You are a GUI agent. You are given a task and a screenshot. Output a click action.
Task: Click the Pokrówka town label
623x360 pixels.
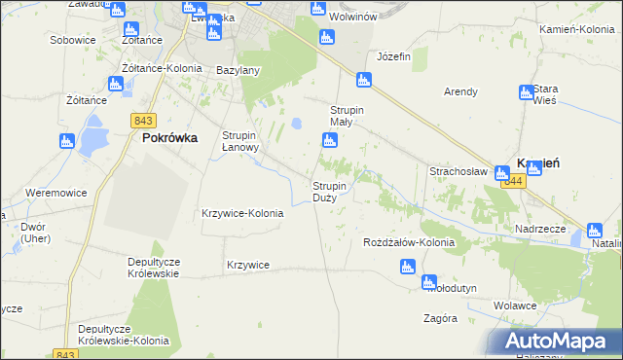coord(170,138)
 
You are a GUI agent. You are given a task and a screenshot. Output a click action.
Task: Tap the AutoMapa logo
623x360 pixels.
coord(559,341)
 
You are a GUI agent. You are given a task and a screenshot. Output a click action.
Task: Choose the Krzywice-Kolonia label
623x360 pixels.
coord(242,213)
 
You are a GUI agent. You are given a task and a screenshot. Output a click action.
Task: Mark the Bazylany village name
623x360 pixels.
coord(238,71)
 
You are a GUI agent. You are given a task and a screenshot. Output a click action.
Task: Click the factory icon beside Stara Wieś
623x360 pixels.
coord(528,93)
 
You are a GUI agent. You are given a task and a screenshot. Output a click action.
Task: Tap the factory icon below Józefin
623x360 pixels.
coord(364,81)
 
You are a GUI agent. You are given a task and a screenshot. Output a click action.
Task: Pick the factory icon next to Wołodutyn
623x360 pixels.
coord(430,283)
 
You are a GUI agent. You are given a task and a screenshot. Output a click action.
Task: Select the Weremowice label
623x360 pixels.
coord(56,193)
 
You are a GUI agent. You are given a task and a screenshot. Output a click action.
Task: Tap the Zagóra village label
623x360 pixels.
coord(441,318)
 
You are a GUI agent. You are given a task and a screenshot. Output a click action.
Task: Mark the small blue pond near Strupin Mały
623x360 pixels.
coord(297,124)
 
